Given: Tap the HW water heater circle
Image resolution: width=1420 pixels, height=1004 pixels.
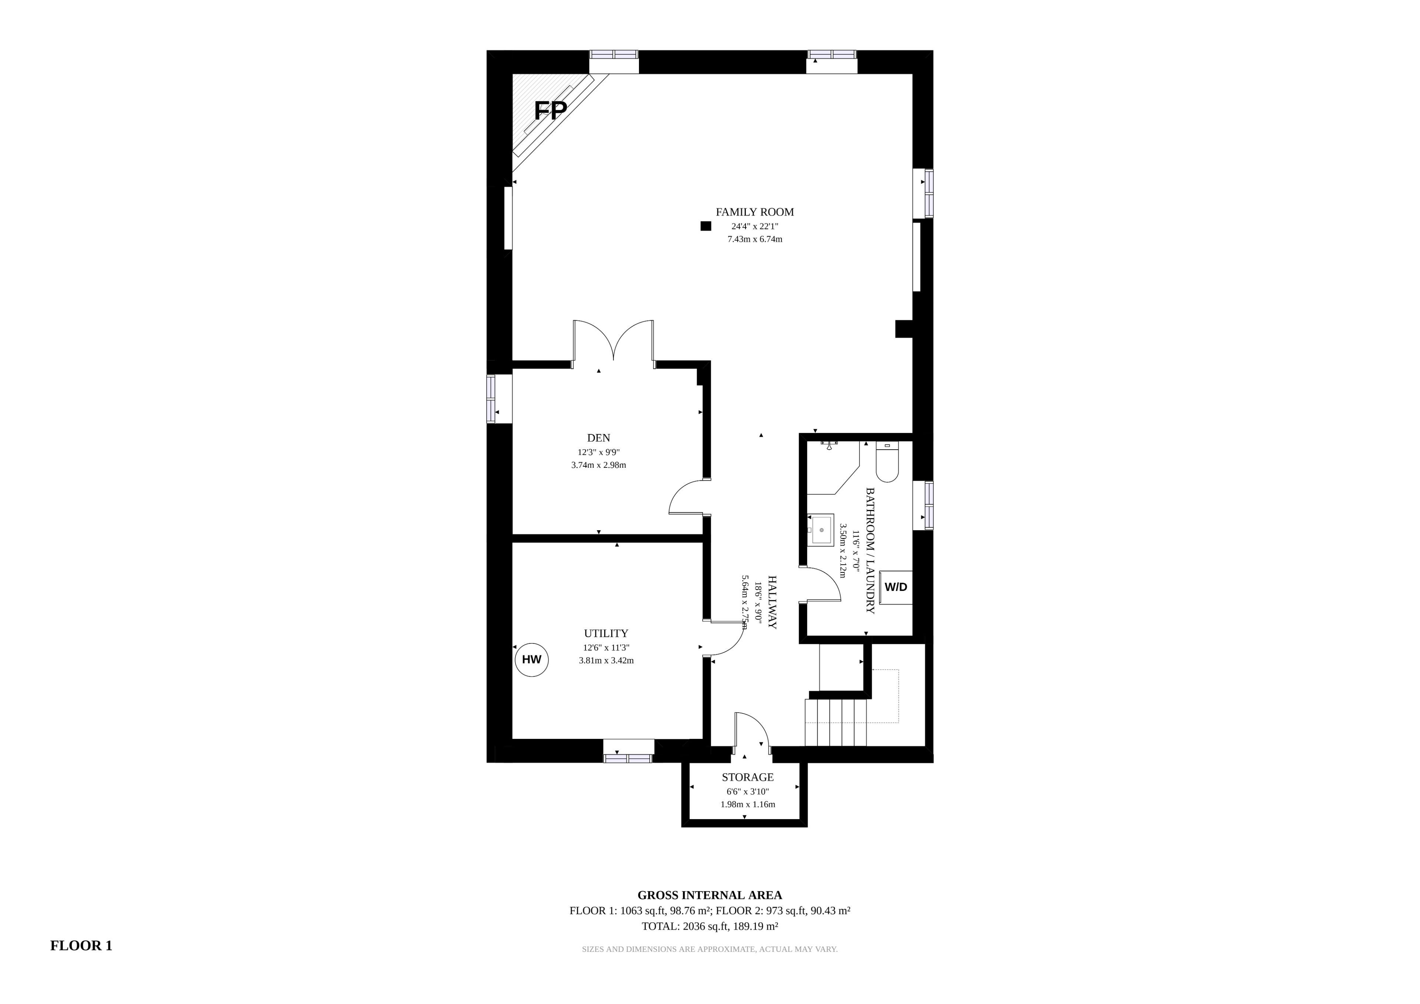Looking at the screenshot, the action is pos(532,659).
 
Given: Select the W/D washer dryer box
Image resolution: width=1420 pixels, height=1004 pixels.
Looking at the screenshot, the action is pos(896,587).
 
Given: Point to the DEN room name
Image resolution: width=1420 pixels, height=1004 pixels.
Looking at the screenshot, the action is pos(599,438).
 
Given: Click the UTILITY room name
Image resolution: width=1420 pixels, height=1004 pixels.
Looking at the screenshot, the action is pos(606,633).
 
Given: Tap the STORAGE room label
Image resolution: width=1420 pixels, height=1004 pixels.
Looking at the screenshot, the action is pos(748,777).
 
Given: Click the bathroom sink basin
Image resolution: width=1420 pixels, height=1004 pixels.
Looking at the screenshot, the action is pos(822,530).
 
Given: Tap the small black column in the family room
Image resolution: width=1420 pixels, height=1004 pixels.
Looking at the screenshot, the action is pos(706,226).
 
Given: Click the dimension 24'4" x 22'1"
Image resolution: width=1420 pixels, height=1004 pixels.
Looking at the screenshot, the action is pos(754,226).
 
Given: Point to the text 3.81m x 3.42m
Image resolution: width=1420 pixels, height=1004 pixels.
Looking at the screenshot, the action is pos(606,661).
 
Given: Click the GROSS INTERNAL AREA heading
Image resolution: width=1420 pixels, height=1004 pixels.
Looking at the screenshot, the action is pos(710,895).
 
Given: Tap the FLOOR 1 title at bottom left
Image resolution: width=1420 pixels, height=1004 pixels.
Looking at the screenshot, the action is pos(81,945).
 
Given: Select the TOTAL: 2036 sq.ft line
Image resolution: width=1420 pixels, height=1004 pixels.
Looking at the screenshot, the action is pos(710,926).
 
